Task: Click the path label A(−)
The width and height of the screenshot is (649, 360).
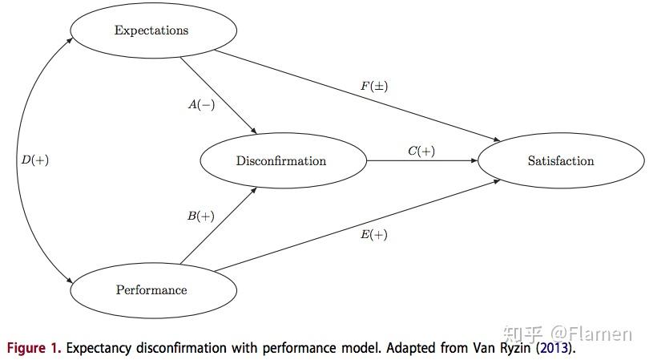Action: pos(202,104)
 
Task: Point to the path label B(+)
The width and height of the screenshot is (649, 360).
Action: pos(201,216)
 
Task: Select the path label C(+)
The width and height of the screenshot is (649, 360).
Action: pos(421,151)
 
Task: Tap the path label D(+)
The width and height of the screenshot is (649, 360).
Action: pos(35,160)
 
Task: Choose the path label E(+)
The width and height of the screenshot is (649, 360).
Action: pos(373,234)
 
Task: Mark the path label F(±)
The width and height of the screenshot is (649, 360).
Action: pos(374,86)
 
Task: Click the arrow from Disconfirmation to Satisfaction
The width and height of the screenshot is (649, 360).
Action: pos(422,160)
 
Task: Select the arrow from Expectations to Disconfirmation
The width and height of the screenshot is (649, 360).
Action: pos(219,95)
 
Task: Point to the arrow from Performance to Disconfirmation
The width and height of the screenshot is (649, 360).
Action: pos(219,226)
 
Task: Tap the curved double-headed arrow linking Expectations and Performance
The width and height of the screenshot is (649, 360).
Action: pos(18,160)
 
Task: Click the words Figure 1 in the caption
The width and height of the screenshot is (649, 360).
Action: pos(34,348)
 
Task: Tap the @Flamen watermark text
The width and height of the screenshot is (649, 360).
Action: pos(591,334)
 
